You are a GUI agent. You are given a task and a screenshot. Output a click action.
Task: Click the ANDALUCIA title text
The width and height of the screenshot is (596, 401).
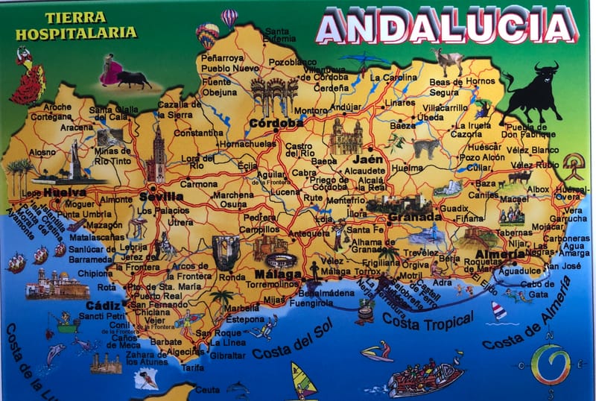[446, 27]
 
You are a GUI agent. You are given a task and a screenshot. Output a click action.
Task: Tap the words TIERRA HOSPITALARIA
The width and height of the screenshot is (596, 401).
[76, 25]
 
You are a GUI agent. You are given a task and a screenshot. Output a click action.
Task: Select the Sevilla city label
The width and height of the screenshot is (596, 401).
[161, 197]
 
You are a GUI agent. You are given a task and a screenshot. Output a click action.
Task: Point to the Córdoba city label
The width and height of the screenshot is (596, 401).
[276, 123]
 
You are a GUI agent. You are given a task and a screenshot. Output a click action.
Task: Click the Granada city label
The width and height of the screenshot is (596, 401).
[415, 217]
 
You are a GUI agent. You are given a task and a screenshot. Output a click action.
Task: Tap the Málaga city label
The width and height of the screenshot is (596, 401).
[277, 274]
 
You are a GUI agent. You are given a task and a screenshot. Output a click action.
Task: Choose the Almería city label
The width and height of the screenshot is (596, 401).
[501, 254]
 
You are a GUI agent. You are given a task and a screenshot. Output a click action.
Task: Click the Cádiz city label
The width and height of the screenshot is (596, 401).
[103, 306]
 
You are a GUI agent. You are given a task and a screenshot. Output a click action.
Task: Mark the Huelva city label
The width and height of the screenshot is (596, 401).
[65, 192]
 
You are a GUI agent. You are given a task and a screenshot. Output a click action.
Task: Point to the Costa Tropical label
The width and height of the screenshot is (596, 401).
[428, 321]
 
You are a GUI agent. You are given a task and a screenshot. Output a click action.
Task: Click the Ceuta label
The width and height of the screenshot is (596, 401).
[207, 389]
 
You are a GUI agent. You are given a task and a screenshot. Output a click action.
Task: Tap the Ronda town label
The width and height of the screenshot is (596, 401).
[231, 277]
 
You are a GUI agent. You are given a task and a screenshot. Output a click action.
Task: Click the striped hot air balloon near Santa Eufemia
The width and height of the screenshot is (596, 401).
[229, 17]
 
